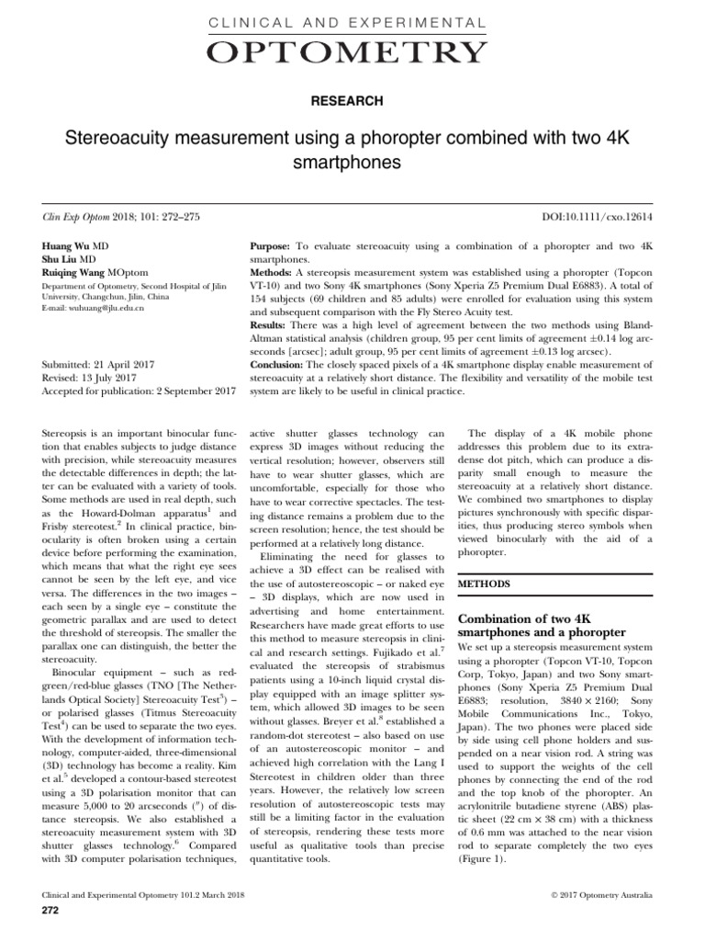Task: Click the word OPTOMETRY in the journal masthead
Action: tap(352, 53)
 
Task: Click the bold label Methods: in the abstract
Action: tap(272, 274)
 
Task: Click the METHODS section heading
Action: tap(496, 583)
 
